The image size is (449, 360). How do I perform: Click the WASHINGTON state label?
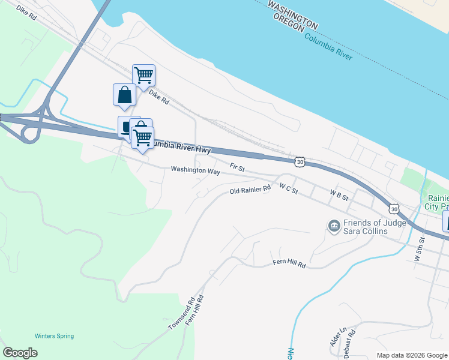click(x=292, y=14)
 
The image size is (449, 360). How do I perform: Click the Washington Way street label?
click(x=195, y=170)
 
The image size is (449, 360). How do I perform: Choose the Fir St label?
click(x=238, y=167)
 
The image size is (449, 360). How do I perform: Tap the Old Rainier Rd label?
click(x=250, y=191)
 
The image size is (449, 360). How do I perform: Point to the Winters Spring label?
click(x=54, y=336)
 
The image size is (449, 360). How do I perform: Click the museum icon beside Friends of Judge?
click(x=334, y=226)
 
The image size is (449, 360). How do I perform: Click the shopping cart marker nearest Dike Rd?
click(x=144, y=76)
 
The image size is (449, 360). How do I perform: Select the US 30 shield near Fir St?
click(x=300, y=161)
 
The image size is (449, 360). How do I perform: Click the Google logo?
click(x=20, y=353)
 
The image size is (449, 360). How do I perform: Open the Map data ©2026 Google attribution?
click(x=411, y=355)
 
